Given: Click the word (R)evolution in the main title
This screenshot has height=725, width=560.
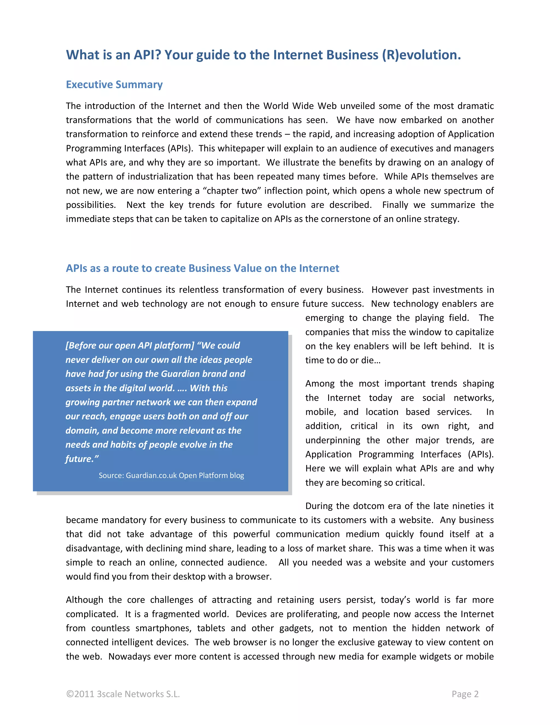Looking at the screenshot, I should point(421,55).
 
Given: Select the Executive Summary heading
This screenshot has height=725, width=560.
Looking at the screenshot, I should point(114,85).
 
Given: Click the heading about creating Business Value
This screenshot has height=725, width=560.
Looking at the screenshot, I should point(202,268).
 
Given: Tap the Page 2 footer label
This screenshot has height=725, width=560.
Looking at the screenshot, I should point(465,694).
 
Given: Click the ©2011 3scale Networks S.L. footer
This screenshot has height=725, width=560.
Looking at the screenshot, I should point(123,694).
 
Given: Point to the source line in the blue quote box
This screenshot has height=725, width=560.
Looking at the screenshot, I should point(171,475).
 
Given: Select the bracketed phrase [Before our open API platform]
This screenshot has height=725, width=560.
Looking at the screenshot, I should point(130,346).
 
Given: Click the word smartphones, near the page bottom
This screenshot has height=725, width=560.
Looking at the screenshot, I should point(164,628).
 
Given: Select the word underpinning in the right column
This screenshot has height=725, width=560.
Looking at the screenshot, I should point(332,440).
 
